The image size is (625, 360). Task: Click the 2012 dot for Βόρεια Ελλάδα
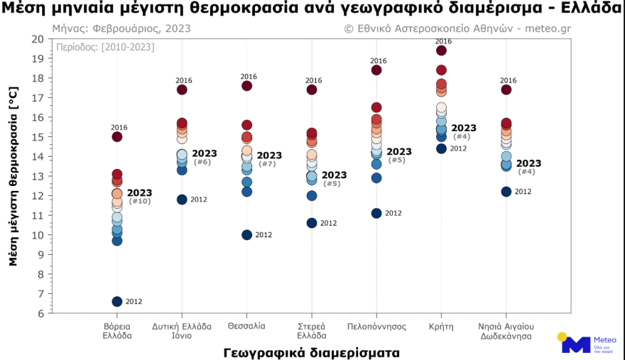click(x=117, y=302)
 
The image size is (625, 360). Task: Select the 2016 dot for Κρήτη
click(x=441, y=50)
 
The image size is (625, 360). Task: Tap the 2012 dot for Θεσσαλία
click(x=247, y=235)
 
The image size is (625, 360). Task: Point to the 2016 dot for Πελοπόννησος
click(x=376, y=70)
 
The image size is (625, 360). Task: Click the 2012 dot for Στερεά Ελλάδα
click(x=312, y=223)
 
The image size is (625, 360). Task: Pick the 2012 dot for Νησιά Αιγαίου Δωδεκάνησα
click(x=506, y=192)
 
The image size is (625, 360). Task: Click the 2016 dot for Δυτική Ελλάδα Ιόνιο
click(x=182, y=89)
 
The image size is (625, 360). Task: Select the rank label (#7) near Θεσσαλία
click(x=268, y=164)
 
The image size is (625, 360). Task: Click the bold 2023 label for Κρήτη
click(x=464, y=128)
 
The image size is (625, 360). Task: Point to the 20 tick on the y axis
click(x=37, y=39)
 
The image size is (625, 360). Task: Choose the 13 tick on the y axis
click(x=37, y=176)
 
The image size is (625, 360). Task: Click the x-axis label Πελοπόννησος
click(x=376, y=327)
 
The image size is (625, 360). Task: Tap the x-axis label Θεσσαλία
click(x=247, y=327)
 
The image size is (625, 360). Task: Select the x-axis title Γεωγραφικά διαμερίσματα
click(x=311, y=351)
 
